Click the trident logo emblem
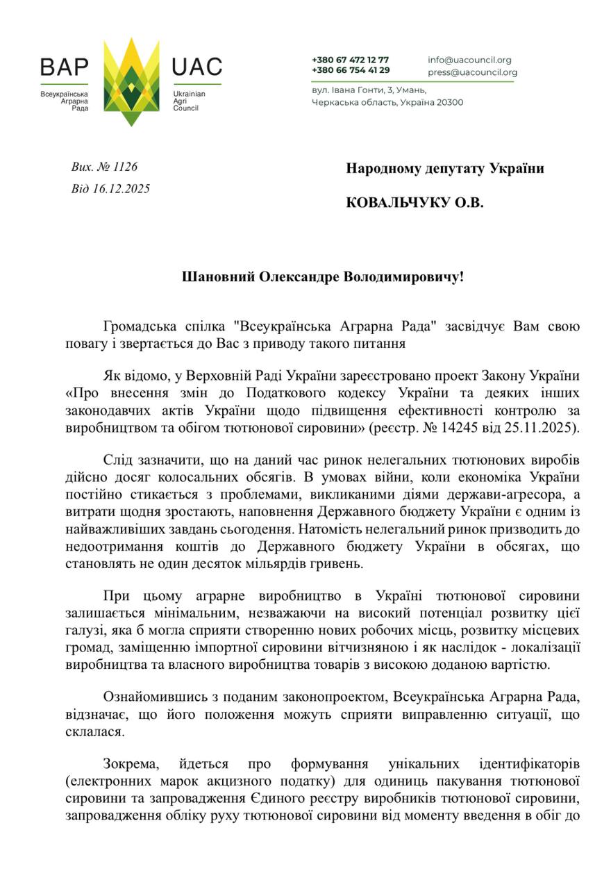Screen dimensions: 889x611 (131, 82)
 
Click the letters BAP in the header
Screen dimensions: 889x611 (64, 67)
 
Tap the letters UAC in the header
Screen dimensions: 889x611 (196, 67)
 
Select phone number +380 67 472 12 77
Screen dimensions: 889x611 (350, 60)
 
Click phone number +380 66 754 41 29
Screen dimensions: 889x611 (350, 70)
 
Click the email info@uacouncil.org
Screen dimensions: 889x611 (469, 60)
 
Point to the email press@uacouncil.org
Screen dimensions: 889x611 (472, 72)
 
